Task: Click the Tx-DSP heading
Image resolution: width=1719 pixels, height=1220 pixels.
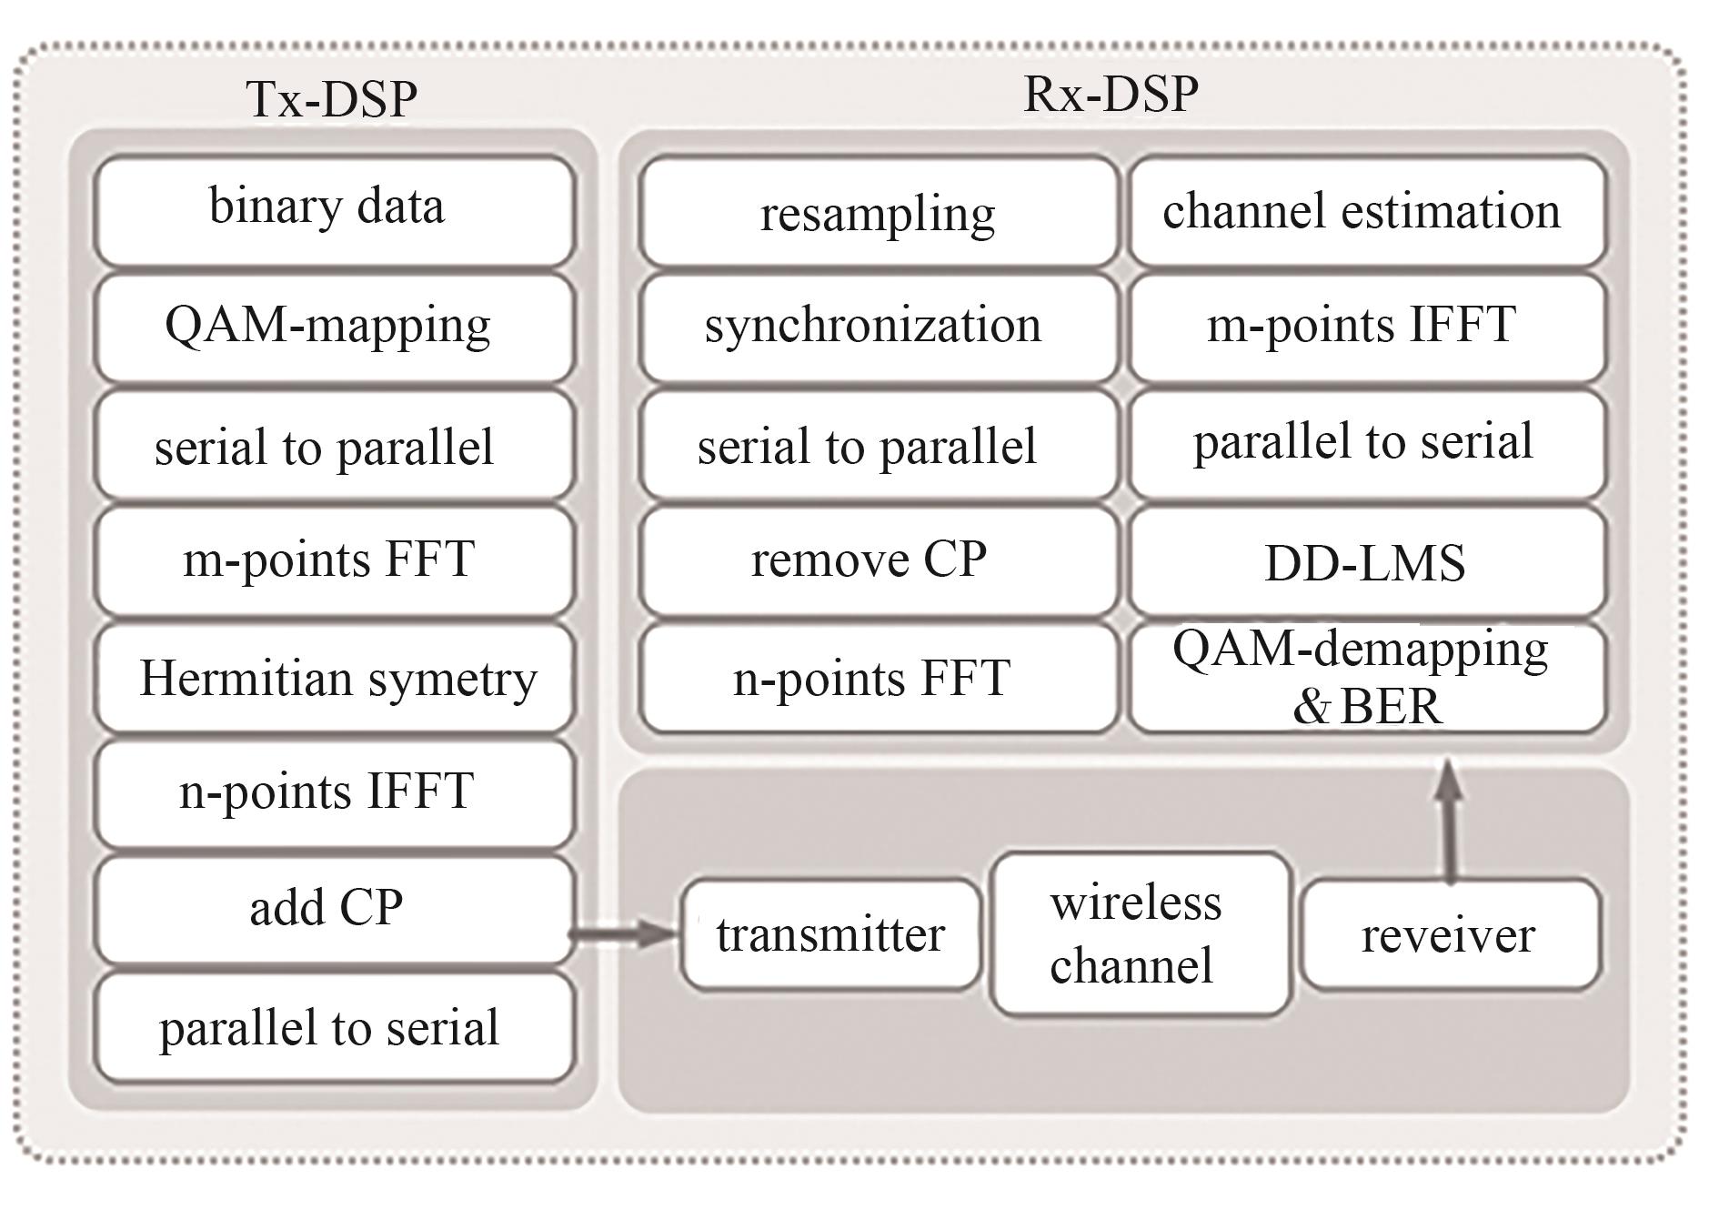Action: coord(332,99)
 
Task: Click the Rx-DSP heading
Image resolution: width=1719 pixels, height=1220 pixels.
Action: coord(1111,94)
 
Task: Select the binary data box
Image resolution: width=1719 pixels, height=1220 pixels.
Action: coord(335,211)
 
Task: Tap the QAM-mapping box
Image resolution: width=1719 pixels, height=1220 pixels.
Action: coord(335,328)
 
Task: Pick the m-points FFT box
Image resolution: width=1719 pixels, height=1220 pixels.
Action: coord(335,561)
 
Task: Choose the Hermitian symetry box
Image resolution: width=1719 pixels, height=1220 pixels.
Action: coord(335,678)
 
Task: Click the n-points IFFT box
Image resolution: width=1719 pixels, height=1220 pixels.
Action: coord(335,794)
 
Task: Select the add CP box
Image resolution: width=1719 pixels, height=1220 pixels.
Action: coord(335,910)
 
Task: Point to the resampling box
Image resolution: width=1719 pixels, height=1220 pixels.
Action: coord(878,211)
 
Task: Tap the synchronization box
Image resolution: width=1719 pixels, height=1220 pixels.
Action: coord(878,328)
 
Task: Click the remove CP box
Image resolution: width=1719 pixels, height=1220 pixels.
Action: coord(878,561)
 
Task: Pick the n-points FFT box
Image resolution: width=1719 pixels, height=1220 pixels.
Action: coord(878,678)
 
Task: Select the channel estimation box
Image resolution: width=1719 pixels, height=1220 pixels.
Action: coord(1367,211)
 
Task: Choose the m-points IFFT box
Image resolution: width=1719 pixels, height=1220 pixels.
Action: coord(1367,328)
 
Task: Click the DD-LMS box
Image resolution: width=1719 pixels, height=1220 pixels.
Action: coord(1367,561)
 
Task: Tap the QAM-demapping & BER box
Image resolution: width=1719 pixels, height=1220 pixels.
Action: coord(1367,678)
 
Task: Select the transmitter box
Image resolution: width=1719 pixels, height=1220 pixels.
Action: coord(831,934)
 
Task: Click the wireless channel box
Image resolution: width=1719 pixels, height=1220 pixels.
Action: coord(1141,934)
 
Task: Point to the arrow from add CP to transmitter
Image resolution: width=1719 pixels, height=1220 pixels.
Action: coord(626,933)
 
